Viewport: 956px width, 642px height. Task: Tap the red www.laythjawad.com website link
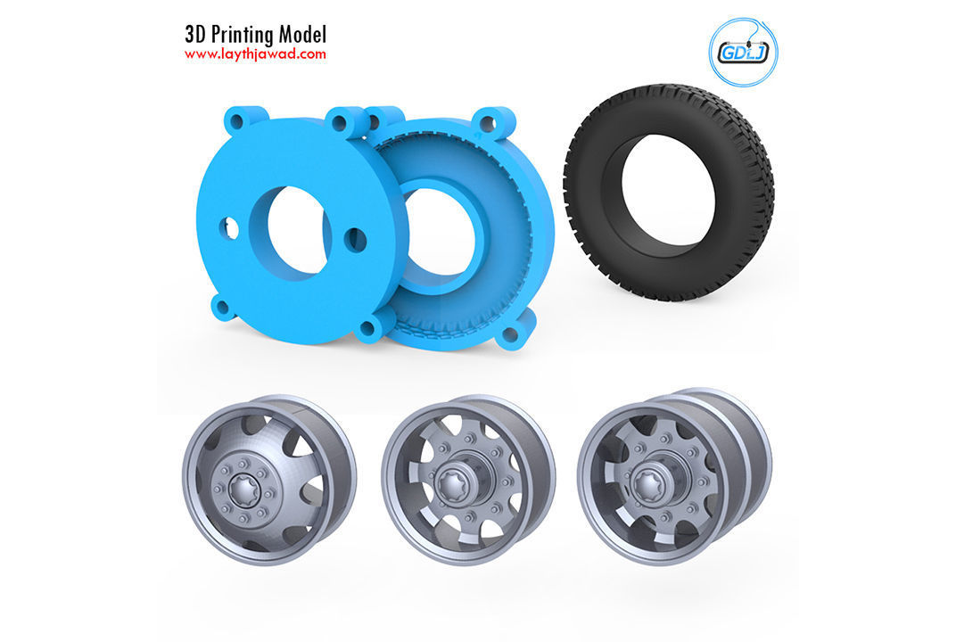255,54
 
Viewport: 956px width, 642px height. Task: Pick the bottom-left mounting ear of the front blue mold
222,309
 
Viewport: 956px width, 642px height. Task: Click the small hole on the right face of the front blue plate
355,238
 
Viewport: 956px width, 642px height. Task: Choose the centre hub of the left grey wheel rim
243,485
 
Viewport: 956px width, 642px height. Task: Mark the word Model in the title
301,35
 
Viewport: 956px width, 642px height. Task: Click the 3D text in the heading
195,35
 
